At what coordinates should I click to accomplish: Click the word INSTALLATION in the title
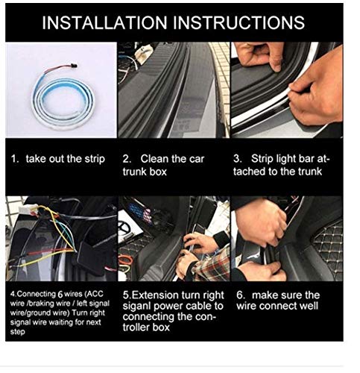(104, 22)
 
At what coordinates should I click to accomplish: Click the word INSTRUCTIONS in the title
(239, 22)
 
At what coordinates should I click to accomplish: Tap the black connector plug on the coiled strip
(74, 66)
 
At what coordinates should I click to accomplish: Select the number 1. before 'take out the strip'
(15, 159)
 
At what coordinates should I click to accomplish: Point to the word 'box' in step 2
(158, 172)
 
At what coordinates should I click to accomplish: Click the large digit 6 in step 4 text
(60, 295)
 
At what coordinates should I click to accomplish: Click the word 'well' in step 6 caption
(309, 306)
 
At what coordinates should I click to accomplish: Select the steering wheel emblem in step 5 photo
(123, 227)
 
